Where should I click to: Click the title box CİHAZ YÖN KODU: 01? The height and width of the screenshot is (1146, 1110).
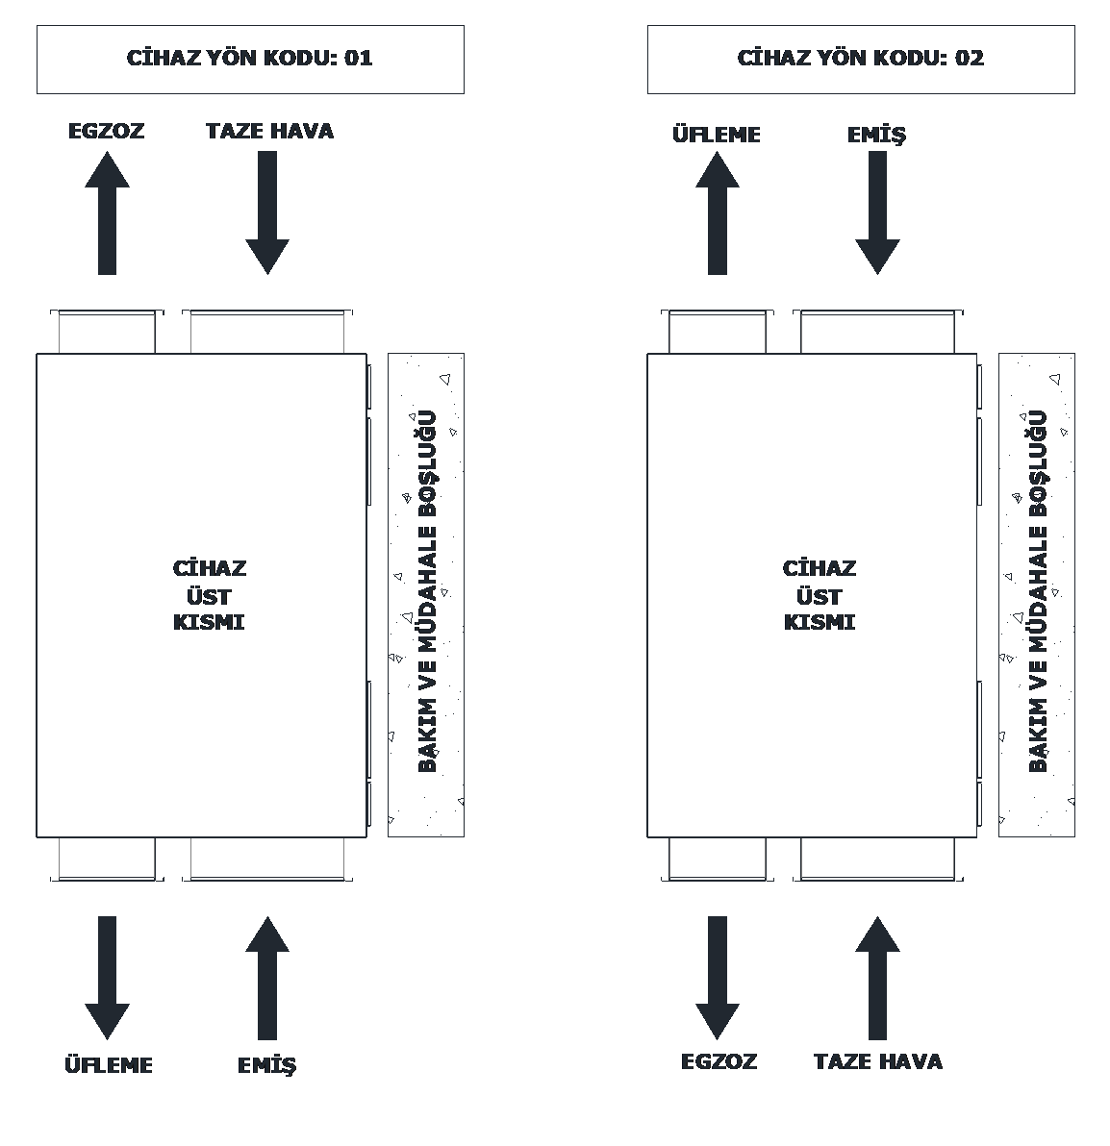250,59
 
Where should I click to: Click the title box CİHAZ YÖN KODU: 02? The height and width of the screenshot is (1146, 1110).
861,59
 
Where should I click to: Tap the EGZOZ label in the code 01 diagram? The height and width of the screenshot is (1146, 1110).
106,131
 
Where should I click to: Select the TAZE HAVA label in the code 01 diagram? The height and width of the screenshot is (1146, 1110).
269,131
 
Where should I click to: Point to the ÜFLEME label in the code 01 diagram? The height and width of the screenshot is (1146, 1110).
109,1065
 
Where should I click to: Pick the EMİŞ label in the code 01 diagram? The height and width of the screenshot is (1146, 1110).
267,1065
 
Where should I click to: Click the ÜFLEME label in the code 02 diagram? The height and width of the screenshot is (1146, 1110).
717,135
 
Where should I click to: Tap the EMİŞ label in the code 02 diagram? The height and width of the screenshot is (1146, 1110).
876,135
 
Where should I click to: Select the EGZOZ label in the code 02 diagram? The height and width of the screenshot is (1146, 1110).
719,1061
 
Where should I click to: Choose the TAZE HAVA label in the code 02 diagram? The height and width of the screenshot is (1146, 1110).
878,1061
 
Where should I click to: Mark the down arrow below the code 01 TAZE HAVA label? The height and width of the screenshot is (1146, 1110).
267,212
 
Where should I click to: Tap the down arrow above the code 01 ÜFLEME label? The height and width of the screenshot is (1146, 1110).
107,977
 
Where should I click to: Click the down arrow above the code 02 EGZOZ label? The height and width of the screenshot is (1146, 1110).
718,977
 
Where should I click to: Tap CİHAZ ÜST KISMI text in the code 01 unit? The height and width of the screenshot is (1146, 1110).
209,595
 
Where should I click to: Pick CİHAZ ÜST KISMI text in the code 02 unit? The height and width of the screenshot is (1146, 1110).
820,595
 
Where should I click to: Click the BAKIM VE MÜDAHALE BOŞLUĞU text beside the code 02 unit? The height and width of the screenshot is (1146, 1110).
1037,591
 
